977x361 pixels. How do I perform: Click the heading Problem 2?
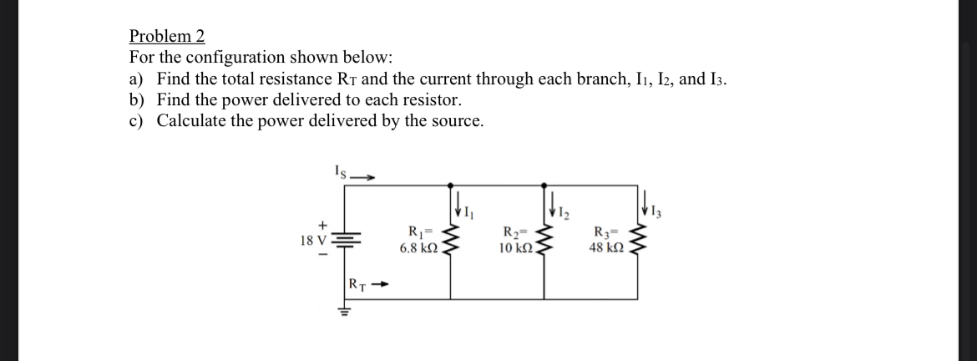pos(167,36)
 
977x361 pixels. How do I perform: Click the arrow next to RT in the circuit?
pos(382,284)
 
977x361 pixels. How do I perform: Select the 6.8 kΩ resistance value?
pos(415,249)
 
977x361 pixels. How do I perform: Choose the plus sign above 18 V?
pos(320,225)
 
